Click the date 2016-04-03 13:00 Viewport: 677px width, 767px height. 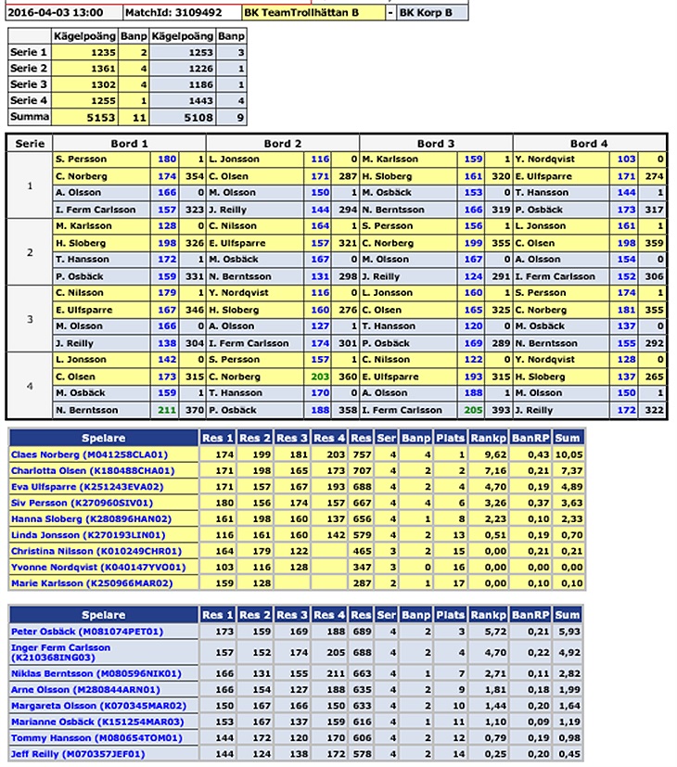[x=61, y=14]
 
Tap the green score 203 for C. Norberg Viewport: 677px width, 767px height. [x=319, y=377]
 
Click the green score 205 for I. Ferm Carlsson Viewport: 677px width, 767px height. [x=473, y=410]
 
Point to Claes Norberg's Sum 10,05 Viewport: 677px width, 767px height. [x=568, y=454]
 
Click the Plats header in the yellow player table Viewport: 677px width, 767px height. [x=450, y=436]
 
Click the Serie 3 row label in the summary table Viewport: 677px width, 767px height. [x=29, y=84]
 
